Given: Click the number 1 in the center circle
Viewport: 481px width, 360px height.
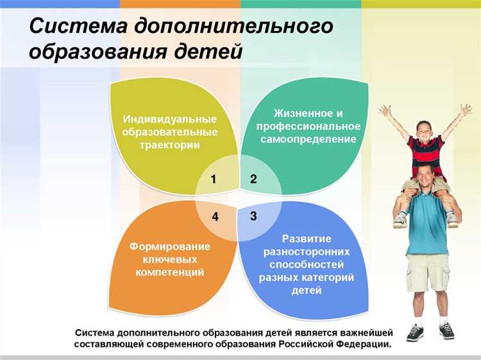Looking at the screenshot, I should tap(213, 180).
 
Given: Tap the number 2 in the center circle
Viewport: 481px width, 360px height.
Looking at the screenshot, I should tap(253, 180).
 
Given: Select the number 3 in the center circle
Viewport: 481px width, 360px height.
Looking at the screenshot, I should tap(253, 216).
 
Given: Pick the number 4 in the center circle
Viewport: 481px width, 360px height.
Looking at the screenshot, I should tap(215, 217).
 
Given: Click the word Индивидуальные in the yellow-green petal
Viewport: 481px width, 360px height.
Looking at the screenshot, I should tap(169, 119).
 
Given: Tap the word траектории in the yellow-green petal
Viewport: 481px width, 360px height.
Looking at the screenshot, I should tap(169, 144).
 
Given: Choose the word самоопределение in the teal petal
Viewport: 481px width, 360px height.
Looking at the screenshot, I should tap(308, 139).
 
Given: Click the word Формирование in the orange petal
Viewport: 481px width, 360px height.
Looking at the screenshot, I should tap(169, 246).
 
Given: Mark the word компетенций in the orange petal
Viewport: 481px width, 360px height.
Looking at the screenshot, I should tap(169, 272).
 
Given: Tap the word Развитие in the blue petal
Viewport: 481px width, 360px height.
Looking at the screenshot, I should tap(306, 239).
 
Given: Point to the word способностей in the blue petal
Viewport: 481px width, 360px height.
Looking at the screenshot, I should tap(306, 264).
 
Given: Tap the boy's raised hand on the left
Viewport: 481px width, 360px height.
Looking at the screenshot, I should tap(385, 111).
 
